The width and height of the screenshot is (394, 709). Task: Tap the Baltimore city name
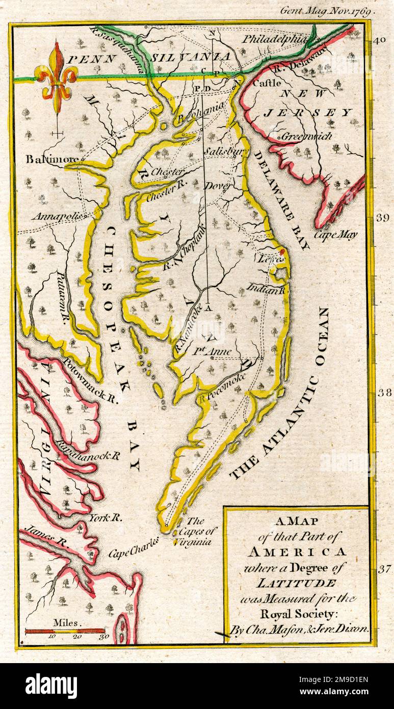click(51, 159)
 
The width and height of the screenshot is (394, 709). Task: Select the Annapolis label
click(58, 216)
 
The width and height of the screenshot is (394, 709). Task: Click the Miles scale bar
click(65, 631)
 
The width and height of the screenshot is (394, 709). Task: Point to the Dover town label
click(218, 186)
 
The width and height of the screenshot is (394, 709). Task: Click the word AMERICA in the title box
click(297, 551)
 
